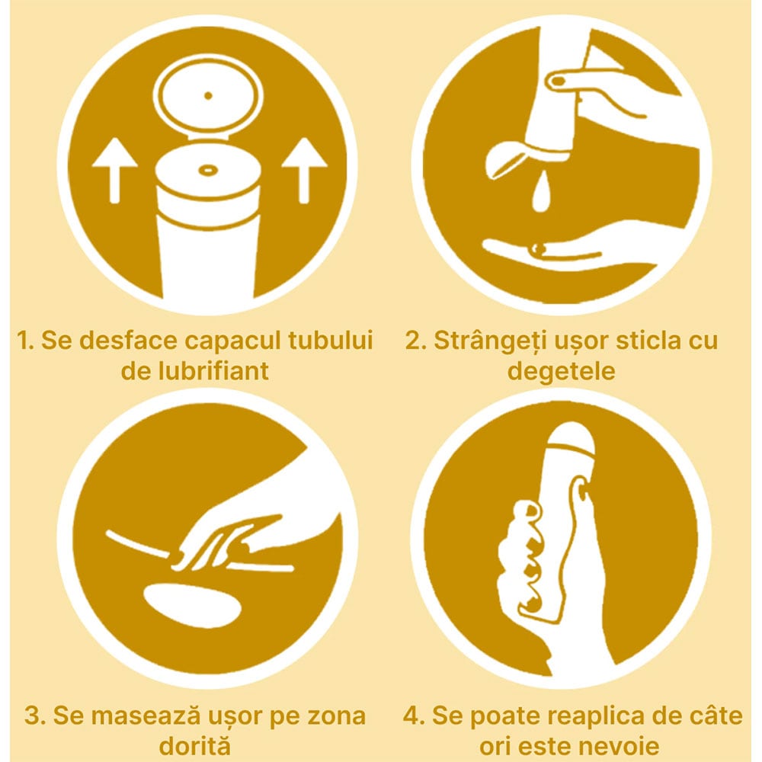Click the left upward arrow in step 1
[x=115, y=170]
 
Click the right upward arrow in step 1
[x=304, y=170]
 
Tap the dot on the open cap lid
[x=209, y=96]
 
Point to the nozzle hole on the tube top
[x=209, y=170]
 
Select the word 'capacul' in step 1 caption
[x=232, y=341]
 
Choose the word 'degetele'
[x=562, y=372]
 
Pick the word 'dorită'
[x=194, y=746]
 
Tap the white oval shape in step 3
[x=193, y=606]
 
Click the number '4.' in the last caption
[x=414, y=717]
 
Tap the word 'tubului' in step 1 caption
[x=331, y=340]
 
